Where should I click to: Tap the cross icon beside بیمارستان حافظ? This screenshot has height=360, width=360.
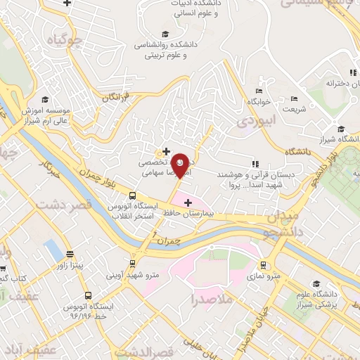click(x=188, y=202)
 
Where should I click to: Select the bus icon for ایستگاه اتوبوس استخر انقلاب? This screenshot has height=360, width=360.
click(x=133, y=196)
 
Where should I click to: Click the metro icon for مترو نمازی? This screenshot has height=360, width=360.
click(x=263, y=265)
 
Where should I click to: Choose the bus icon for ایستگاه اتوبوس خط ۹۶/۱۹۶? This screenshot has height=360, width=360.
click(x=88, y=295)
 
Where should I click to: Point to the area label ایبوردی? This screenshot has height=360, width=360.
click(x=253, y=121)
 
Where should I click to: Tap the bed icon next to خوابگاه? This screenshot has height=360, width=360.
click(x=259, y=91)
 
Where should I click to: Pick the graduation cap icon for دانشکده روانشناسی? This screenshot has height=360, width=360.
click(x=165, y=34)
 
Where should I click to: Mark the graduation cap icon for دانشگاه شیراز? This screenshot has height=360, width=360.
click(x=341, y=129)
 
